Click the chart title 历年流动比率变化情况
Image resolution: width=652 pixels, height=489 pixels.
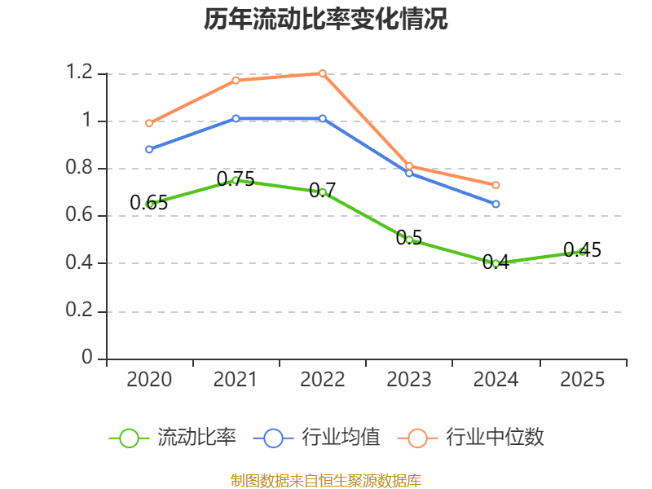pyautogui.click(x=326, y=19)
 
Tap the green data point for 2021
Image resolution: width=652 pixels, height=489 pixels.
pyautogui.click(x=236, y=180)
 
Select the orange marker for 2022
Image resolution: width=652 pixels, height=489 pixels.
pyautogui.click(x=323, y=73)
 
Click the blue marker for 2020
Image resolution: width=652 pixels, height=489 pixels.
pyautogui.click(x=149, y=149)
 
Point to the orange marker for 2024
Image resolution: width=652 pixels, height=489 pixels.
pyautogui.click(x=496, y=185)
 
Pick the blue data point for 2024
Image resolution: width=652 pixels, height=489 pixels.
pyautogui.click(x=496, y=204)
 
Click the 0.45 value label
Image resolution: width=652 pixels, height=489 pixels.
pyautogui.click(x=582, y=250)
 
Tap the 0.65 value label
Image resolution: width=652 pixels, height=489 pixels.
pyautogui.click(x=149, y=203)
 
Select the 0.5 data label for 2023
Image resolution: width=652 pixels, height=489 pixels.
pyautogui.click(x=409, y=238)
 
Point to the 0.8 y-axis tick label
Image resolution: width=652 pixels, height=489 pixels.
pyautogui.click(x=80, y=169)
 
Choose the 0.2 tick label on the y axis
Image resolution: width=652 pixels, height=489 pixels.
pyautogui.click(x=80, y=311)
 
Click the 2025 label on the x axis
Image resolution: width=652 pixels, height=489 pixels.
pyautogui.click(x=583, y=380)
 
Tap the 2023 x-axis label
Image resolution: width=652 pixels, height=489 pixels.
pyautogui.click(x=409, y=380)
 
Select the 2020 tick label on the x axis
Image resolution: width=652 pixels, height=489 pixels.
pyautogui.click(x=149, y=380)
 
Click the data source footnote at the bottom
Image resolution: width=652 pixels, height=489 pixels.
pyautogui.click(x=326, y=480)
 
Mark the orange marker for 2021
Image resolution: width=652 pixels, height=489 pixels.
pyautogui.click(x=236, y=80)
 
